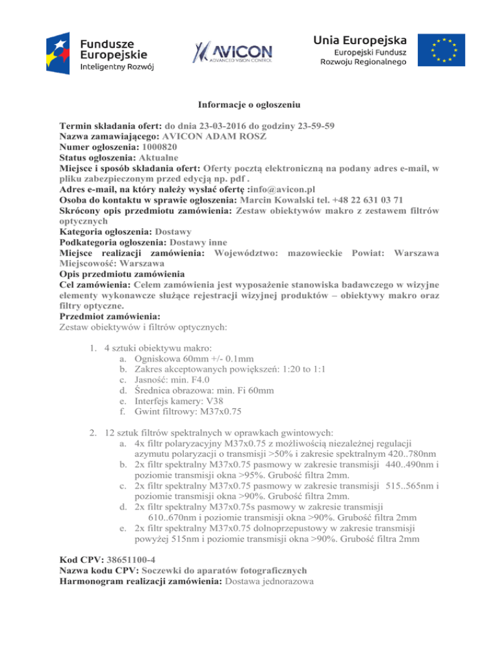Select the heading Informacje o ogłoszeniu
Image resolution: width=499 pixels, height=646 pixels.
point(249,103)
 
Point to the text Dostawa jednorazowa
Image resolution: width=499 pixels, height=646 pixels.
point(269,582)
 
